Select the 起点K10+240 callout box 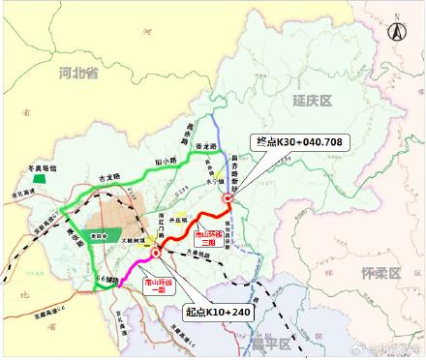point(218,312)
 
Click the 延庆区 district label point(312,100)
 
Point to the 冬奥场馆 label point(39,167)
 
